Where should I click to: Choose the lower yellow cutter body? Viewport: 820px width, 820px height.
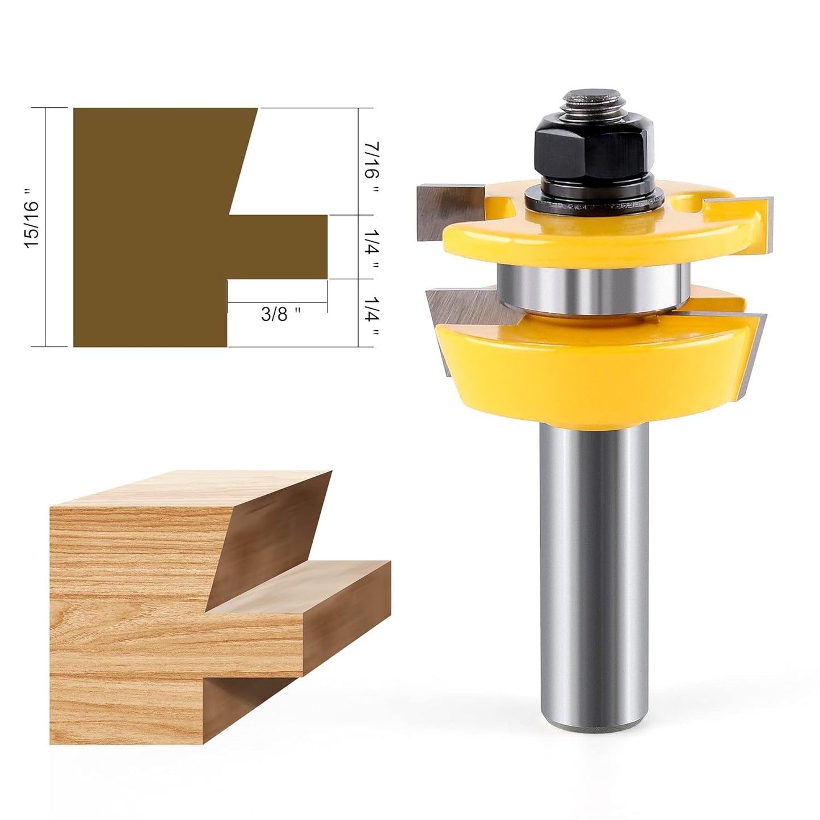(x=590, y=375)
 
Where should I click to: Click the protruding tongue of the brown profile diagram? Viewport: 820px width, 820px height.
(x=278, y=247)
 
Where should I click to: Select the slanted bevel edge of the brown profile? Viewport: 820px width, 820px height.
(x=243, y=162)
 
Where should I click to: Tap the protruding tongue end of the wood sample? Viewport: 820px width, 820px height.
(x=346, y=613)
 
